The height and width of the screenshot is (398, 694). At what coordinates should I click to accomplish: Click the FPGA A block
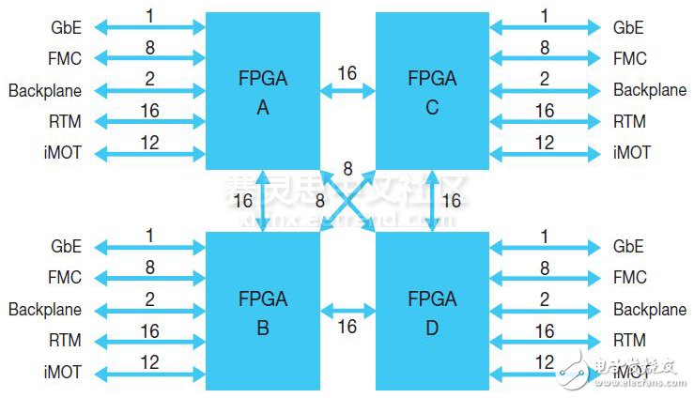click(262, 92)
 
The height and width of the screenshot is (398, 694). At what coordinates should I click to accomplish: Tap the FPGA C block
click(432, 92)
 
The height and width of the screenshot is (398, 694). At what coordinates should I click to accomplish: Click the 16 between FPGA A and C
click(347, 73)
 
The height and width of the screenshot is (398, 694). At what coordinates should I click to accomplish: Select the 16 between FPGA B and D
click(347, 327)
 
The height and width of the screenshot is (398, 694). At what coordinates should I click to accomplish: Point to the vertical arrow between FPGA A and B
click(263, 201)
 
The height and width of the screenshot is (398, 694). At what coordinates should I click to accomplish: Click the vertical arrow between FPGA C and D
click(433, 201)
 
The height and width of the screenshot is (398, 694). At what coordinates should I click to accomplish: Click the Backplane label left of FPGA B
click(45, 310)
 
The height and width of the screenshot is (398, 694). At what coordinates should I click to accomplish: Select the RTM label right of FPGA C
click(629, 122)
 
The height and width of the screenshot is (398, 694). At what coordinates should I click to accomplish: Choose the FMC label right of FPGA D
click(629, 278)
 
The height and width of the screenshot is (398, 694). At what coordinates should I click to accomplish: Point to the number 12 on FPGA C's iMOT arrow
click(544, 142)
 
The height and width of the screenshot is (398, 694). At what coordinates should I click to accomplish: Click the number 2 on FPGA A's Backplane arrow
click(149, 79)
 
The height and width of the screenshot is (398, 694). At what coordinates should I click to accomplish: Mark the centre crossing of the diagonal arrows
click(347, 201)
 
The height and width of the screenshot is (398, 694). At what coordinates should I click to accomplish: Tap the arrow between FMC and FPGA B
click(150, 278)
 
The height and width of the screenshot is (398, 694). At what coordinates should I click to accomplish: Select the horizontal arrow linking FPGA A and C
click(347, 91)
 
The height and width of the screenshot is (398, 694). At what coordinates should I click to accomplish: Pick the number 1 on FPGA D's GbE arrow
click(545, 236)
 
